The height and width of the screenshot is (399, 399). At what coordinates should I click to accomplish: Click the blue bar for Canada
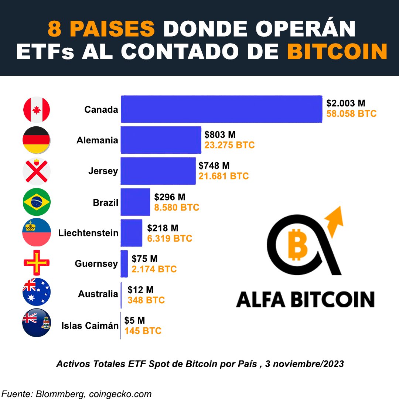[x=222, y=109]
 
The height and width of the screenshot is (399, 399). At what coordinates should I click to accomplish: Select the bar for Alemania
[x=161, y=140]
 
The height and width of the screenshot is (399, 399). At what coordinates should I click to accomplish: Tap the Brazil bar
[x=135, y=202]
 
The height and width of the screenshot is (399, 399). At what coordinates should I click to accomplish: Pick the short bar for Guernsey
[x=124, y=263]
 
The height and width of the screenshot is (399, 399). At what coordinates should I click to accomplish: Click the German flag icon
[x=36, y=140]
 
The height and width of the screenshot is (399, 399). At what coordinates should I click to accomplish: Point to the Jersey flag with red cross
[x=36, y=171]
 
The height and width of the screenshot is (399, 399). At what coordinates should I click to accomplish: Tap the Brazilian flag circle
[x=36, y=202]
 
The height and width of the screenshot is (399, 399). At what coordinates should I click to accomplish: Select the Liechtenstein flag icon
[x=36, y=233]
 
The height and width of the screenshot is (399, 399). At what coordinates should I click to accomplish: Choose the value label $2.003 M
[x=346, y=103]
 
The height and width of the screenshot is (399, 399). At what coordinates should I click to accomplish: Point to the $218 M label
[x=163, y=228]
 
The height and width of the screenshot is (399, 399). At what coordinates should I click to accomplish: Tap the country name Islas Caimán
[x=90, y=325]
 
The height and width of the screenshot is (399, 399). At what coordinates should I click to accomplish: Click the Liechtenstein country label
[x=88, y=233]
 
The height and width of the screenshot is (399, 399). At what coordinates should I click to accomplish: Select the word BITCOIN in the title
[x=337, y=52]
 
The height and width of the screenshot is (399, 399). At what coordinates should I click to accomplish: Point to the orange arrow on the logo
[x=334, y=222]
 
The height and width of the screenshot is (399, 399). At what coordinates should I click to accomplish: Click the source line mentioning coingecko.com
[x=77, y=394]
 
